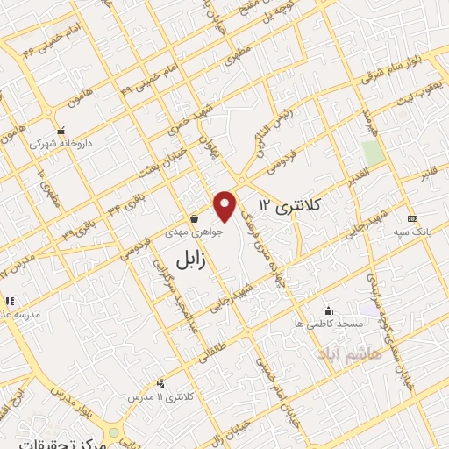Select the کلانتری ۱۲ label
(290, 206)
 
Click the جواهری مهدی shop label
(196, 234)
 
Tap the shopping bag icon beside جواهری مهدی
(194, 219)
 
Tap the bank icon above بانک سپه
(413, 218)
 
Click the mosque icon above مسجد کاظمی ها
(328, 310)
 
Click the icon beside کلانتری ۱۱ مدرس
(160, 383)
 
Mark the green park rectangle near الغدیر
(374, 151)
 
